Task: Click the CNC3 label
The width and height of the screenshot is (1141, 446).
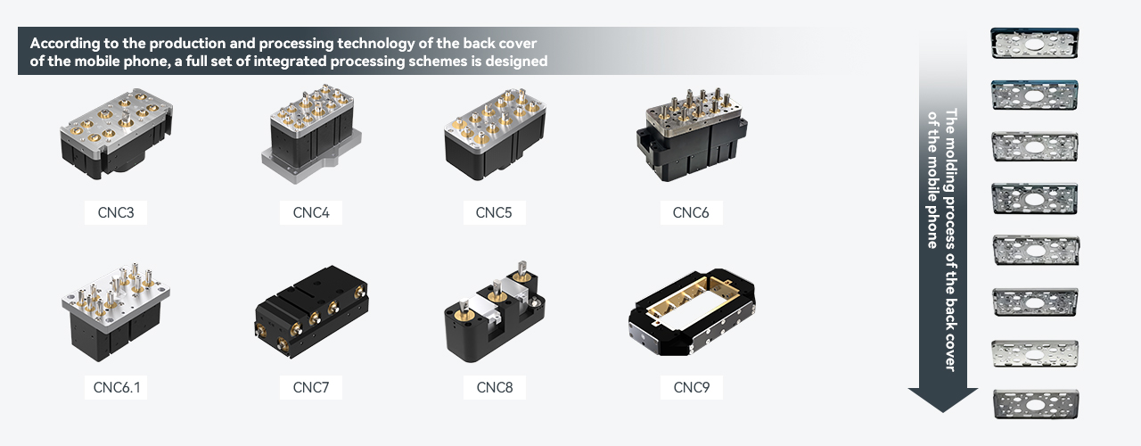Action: [x=116, y=212]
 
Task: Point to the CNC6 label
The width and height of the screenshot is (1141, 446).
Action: [x=691, y=212]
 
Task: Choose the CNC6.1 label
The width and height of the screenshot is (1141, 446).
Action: [x=116, y=387]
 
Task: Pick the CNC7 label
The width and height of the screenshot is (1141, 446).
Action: [x=311, y=387]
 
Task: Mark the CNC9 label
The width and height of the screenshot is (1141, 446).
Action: [x=691, y=387]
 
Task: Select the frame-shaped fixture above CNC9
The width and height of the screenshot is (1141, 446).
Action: [x=692, y=317]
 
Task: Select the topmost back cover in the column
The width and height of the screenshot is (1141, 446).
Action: [x=1034, y=45]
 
